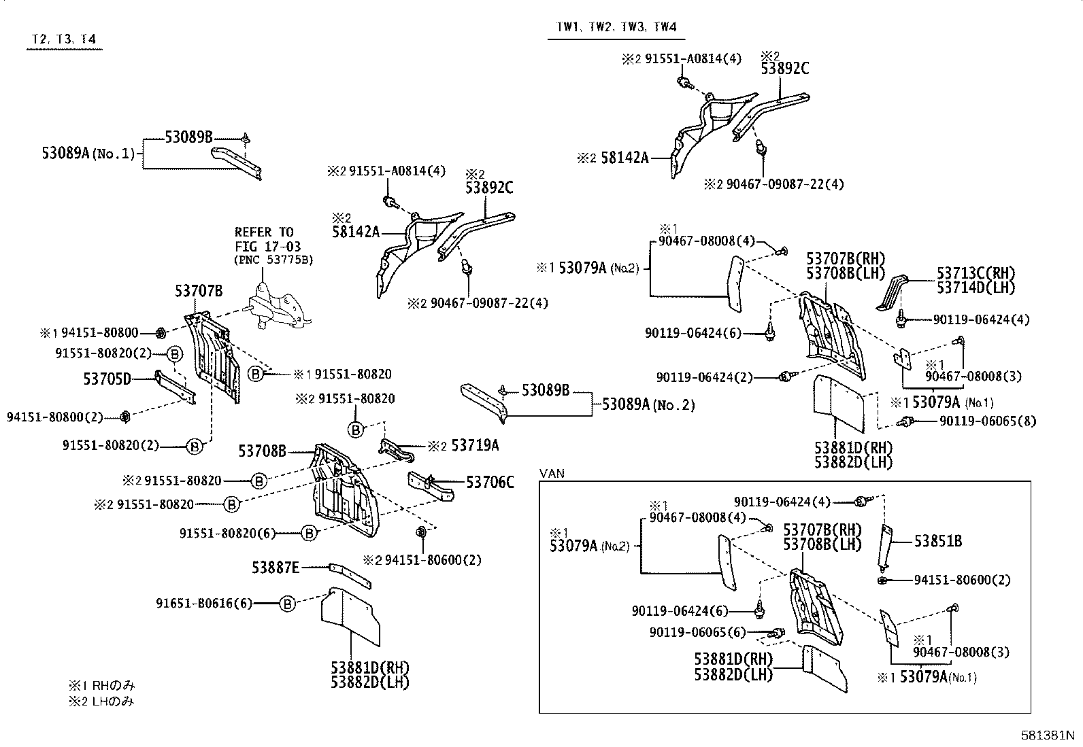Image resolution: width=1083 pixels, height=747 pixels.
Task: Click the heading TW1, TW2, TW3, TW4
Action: click(616, 27)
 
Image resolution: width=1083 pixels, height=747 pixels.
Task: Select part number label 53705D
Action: click(107, 379)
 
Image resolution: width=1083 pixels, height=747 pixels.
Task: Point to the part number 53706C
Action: click(490, 483)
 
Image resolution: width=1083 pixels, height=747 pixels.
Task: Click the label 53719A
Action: click(475, 445)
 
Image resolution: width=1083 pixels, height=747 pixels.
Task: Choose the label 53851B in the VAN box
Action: click(938, 541)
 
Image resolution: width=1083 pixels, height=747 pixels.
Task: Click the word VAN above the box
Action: click(552, 473)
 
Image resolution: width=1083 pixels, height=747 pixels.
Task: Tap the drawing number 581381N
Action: click(1047, 735)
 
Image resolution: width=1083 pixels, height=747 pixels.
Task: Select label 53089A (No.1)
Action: click(88, 154)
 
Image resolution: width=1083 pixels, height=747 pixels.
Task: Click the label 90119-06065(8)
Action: click(988, 421)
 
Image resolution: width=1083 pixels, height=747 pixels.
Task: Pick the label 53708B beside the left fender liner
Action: click(262, 450)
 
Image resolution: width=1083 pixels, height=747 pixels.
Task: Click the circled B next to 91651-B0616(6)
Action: click(288, 603)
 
